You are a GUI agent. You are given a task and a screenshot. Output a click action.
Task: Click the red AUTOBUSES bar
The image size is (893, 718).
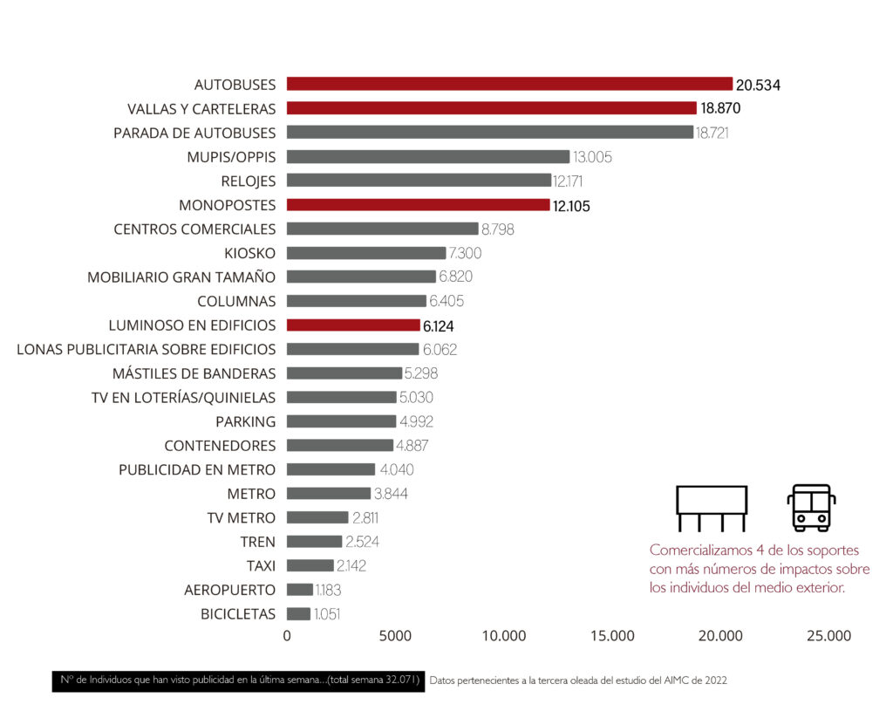coord(509,85)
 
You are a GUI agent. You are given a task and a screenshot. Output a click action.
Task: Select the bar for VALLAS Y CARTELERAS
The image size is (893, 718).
coord(492,109)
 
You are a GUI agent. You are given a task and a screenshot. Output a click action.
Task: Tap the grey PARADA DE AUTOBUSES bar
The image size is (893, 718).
coord(489,133)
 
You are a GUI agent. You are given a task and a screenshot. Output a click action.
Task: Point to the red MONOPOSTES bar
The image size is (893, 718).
coord(418,205)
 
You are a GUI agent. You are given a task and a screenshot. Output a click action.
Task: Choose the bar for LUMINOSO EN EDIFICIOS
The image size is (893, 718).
coord(353,325)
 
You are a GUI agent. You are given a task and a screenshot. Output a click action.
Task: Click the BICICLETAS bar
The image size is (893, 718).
coord(298,613)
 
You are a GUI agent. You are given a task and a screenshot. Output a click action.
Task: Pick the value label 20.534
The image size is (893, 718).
coord(758,85)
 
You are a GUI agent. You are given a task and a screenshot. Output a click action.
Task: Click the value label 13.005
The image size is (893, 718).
coord(592,157)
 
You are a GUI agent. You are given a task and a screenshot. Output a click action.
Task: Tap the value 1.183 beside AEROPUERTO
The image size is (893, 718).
coord(328,590)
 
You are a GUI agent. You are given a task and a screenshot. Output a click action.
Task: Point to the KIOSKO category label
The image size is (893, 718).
coord(249,253)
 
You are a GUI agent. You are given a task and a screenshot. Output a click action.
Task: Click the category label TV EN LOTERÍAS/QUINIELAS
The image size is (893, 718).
coord(183,398)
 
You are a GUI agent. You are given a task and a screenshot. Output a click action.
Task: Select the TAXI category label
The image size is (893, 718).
coord(261,565)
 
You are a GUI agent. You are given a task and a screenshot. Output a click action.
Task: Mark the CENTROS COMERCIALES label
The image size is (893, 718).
coord(194,229)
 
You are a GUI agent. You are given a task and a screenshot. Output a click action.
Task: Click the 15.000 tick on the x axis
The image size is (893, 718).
coord(612,636)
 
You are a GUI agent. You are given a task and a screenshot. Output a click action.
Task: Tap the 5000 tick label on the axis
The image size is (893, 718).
coord(395,636)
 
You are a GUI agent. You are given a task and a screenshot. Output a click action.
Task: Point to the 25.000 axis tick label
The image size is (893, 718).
coord(828,636)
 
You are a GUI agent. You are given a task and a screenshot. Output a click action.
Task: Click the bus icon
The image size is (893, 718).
coord(811,508)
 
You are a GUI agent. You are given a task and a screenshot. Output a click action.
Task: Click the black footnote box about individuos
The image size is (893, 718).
coord(238,680)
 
